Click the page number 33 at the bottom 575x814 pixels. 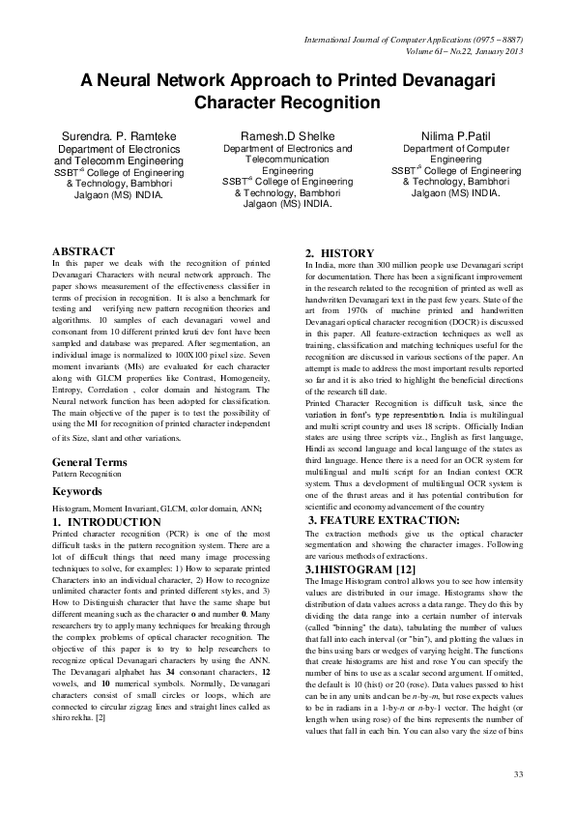tap(517, 773)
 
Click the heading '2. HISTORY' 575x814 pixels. tap(333, 253)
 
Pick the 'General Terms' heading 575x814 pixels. tap(89, 462)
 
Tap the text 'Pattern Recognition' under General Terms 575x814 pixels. tap(85, 476)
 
